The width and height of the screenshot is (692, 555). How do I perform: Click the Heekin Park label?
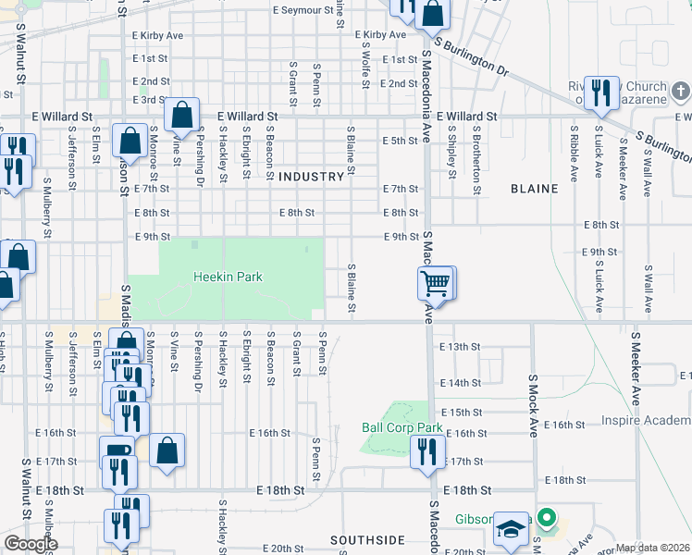pyautogui.click(x=228, y=277)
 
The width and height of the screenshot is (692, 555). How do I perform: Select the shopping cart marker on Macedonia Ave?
pyautogui.click(x=436, y=282)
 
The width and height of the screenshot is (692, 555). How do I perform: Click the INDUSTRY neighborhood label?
pyautogui.click(x=311, y=176)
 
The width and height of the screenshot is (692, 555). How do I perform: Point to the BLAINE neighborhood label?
pyautogui.click(x=534, y=189)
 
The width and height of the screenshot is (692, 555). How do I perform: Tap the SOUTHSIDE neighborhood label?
pyautogui.click(x=368, y=539)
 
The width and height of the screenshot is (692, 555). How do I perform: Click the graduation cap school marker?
pyautogui.click(x=509, y=528)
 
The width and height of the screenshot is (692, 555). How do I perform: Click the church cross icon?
pyautogui.click(x=681, y=92)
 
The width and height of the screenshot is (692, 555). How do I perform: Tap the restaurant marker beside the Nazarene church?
pyautogui.click(x=602, y=92)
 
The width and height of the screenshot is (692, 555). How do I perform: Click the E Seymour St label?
pyautogui.click(x=303, y=10)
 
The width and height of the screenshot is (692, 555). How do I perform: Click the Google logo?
pyautogui.click(x=31, y=544)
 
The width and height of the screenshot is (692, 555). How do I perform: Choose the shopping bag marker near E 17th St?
pyautogui.click(x=167, y=452)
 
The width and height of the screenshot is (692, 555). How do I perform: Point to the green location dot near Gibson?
pyautogui.click(x=547, y=518)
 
